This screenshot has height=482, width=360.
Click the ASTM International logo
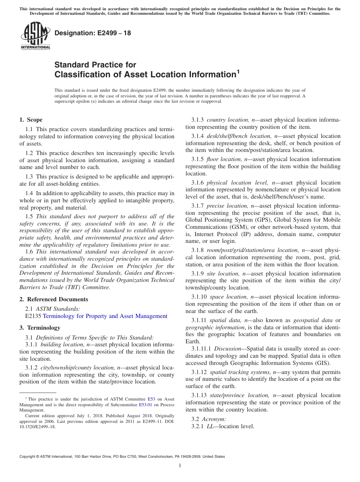(x=35, y=36)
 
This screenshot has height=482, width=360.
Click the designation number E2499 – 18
(x=93, y=33)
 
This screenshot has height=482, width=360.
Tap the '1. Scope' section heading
(x=31, y=120)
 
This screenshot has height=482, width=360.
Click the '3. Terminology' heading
(x=40, y=328)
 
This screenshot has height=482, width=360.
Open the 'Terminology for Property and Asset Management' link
(x=105, y=316)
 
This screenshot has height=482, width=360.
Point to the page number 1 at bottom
(x=180, y=466)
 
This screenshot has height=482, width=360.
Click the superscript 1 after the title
(x=238, y=71)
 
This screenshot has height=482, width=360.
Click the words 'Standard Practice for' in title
(x=95, y=65)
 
